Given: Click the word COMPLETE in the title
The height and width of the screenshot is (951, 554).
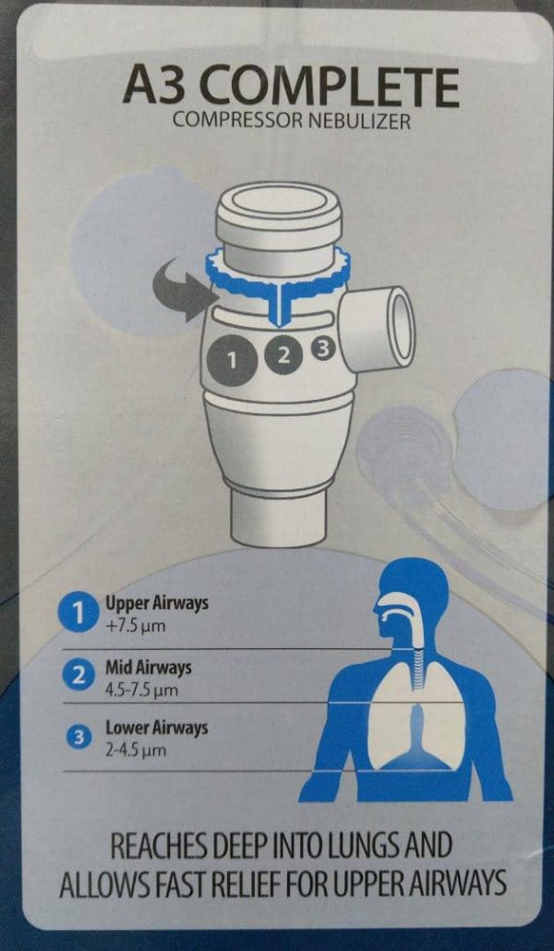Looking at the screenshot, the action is tap(331, 89).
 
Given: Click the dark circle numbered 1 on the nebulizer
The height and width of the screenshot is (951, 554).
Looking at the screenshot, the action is tap(231, 360).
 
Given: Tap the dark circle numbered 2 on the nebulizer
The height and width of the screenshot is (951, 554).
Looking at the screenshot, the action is tap(283, 355).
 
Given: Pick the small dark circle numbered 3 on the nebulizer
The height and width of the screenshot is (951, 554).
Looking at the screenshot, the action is tap(323, 348).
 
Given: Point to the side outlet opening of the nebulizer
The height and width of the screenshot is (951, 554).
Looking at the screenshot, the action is tap(397, 328).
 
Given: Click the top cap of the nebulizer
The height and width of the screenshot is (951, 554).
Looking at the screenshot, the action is tap(279, 207).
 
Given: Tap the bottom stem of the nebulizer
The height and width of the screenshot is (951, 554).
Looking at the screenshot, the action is tap(279, 515).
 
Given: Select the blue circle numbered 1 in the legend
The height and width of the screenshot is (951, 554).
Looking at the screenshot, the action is tap(78, 614).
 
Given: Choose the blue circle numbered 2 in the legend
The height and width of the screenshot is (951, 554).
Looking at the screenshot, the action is tap(78, 677).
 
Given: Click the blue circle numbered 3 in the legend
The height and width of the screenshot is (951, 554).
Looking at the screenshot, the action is tap(78, 738).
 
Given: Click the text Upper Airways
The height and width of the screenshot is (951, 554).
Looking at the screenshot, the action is tap(157, 604).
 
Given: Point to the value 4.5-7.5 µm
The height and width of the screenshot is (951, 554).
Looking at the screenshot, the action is tap(142, 691).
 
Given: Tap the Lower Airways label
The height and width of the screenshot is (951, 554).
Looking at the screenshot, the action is tap(157, 727).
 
